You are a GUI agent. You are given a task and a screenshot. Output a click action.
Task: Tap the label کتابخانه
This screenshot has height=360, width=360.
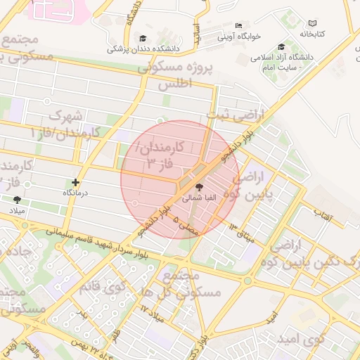click(x=314, y=34)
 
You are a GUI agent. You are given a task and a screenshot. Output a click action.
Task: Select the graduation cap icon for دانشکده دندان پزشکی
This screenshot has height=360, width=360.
click(x=143, y=39)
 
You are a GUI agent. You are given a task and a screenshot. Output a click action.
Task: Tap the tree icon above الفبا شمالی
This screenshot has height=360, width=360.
click(x=199, y=188)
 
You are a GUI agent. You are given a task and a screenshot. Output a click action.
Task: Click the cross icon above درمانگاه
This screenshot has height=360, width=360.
click(x=76, y=182)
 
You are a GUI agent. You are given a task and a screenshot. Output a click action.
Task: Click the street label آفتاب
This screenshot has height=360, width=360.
click(x=321, y=210)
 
